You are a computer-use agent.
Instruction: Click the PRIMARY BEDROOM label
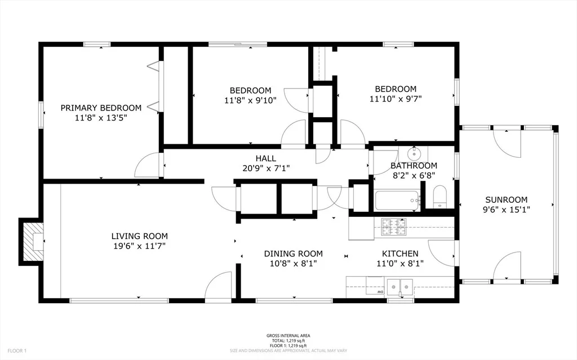(101, 108)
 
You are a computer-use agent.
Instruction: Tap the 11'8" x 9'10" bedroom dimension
(250, 100)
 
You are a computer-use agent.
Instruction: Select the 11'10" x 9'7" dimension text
(396, 99)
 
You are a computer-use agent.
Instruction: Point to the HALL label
(266, 158)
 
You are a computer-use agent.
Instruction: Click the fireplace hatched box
(32, 242)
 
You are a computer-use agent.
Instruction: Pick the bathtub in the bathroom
(397, 200)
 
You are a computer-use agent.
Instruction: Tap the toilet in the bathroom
(440, 197)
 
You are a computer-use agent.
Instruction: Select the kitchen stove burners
(394, 226)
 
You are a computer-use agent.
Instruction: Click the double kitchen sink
(400, 286)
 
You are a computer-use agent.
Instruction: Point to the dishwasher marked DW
(375, 286)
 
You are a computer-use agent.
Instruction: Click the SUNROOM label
(507, 200)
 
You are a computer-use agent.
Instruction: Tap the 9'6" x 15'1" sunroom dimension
(507, 210)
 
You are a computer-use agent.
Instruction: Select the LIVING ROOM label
(140, 236)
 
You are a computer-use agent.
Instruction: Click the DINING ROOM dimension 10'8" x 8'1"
(293, 264)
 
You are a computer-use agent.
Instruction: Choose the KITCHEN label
(400, 254)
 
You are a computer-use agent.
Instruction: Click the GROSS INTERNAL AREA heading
(288, 336)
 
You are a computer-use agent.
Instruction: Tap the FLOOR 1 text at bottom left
(17, 351)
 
